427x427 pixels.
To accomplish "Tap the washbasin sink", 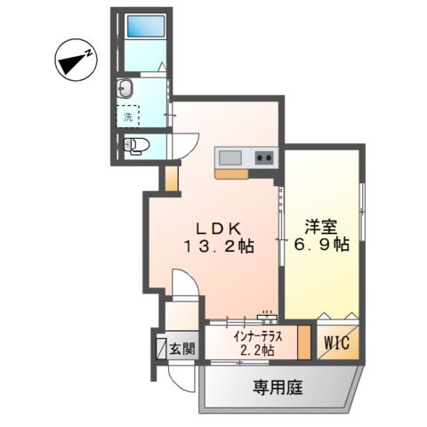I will point(125,88).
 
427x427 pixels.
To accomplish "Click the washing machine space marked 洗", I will point(127,117).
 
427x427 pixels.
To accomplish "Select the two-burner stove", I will point(263,158).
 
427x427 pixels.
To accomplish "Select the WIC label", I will point(337,341).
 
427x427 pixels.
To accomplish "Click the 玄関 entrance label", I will point(183,348).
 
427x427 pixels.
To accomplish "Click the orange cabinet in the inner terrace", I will point(304,342).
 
